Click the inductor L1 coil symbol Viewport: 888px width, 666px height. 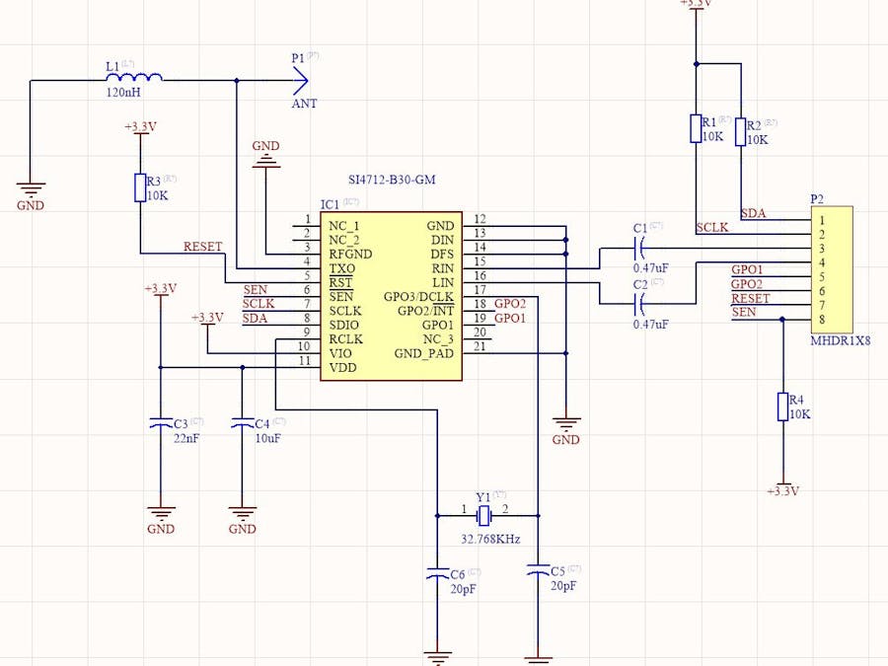[145, 78]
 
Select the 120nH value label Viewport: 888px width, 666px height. [122, 92]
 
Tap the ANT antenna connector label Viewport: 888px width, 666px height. [304, 104]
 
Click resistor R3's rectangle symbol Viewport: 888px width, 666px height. [140, 187]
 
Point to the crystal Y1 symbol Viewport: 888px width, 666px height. [483, 515]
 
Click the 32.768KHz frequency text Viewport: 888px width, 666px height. [490, 540]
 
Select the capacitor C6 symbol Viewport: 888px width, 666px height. [436, 572]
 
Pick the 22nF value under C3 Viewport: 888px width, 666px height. [185, 438]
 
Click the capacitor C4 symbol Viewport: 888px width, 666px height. [242, 422]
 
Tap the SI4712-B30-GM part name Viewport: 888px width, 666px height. [392, 181]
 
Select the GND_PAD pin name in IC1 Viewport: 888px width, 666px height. [423, 353]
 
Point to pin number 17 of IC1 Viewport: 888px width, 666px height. [480, 291]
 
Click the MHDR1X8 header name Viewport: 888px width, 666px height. [841, 340]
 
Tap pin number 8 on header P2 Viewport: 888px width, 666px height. [821, 319]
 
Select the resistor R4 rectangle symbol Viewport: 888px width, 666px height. [782, 407]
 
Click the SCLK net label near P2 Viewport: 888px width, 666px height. [711, 228]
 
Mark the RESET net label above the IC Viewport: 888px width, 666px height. [203, 247]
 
